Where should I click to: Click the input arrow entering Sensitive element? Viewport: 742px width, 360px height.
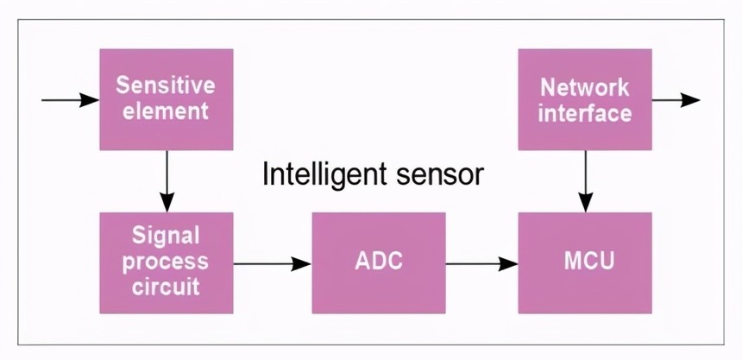[x=69, y=99]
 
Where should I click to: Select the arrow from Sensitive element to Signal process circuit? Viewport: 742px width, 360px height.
[x=166, y=181]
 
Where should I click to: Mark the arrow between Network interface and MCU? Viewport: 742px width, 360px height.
[x=585, y=181]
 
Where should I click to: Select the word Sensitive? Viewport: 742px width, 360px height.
[x=166, y=85]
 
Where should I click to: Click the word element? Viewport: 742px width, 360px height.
[x=166, y=111]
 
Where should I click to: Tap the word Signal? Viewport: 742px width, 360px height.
[x=166, y=235]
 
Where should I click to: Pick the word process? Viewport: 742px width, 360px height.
[x=166, y=261]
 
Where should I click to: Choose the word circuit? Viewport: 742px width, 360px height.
[x=166, y=286]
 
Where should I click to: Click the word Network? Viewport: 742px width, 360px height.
[x=584, y=87]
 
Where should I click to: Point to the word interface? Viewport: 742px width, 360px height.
[x=584, y=112]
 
